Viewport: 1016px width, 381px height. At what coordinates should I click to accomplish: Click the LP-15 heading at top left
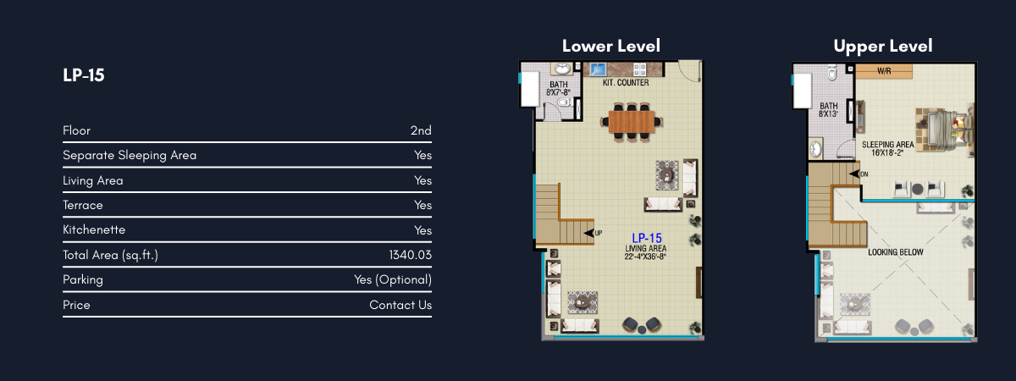click(x=84, y=75)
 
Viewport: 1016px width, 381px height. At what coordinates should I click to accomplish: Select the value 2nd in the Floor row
click(x=421, y=130)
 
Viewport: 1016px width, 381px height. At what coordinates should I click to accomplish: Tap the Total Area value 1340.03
click(x=410, y=255)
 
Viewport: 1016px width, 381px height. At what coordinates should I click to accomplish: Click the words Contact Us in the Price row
click(x=400, y=305)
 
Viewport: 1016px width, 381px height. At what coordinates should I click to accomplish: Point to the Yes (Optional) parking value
click(x=393, y=280)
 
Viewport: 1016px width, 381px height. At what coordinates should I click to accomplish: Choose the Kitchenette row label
click(x=94, y=230)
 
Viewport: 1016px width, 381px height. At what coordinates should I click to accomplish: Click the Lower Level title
click(x=611, y=46)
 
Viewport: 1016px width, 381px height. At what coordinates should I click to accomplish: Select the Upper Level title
click(x=882, y=47)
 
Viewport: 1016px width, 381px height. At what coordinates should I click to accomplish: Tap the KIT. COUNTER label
click(x=626, y=83)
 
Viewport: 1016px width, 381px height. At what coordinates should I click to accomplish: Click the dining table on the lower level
click(x=632, y=122)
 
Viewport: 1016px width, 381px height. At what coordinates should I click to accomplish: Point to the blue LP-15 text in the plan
click(x=646, y=238)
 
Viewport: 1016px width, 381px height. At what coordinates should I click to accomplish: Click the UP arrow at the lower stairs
click(x=589, y=233)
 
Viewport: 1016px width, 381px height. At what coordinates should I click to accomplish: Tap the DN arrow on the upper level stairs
click(x=854, y=174)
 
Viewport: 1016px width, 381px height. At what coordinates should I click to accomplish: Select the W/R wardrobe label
click(x=884, y=71)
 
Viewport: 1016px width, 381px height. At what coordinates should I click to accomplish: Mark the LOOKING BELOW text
click(x=896, y=252)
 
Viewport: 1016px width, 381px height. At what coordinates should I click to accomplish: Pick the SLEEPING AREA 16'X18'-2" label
click(x=887, y=148)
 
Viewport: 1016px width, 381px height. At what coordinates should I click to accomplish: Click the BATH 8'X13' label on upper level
click(x=828, y=110)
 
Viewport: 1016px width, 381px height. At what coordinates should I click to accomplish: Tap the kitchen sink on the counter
click(x=598, y=69)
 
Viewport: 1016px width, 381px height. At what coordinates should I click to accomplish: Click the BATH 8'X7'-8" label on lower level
click(x=558, y=88)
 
